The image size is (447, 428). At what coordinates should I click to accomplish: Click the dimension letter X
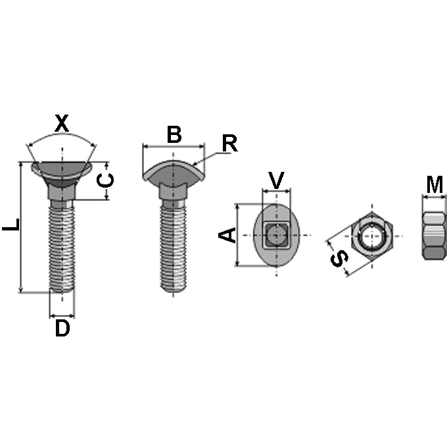pyautogui.click(x=62, y=123)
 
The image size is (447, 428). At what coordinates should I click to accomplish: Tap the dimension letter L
pyautogui.click(x=11, y=225)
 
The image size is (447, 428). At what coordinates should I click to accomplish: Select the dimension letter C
pyautogui.click(x=105, y=180)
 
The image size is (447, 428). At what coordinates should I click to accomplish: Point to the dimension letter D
pyautogui.click(x=62, y=328)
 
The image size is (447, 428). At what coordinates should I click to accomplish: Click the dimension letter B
pyautogui.click(x=174, y=134)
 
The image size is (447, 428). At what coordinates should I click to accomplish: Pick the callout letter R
pyautogui.click(x=229, y=144)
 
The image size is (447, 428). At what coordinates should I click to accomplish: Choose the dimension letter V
pyautogui.click(x=277, y=180)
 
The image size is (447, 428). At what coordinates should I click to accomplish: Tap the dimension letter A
pyautogui.click(x=227, y=235)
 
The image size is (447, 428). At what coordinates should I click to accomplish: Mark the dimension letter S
pyautogui.click(x=339, y=258)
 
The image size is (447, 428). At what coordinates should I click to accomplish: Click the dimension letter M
pyautogui.click(x=435, y=185)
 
